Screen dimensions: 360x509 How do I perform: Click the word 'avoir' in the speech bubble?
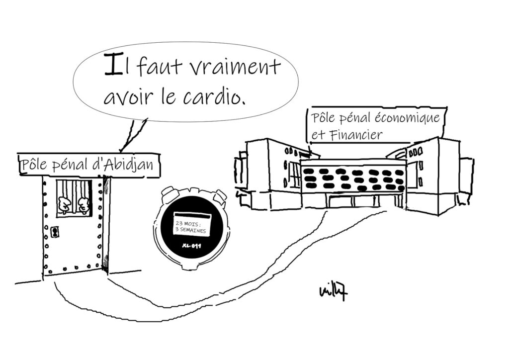point(126,95)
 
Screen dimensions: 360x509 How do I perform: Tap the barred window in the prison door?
point(74,197)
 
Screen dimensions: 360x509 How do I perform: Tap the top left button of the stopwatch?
point(170,191)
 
